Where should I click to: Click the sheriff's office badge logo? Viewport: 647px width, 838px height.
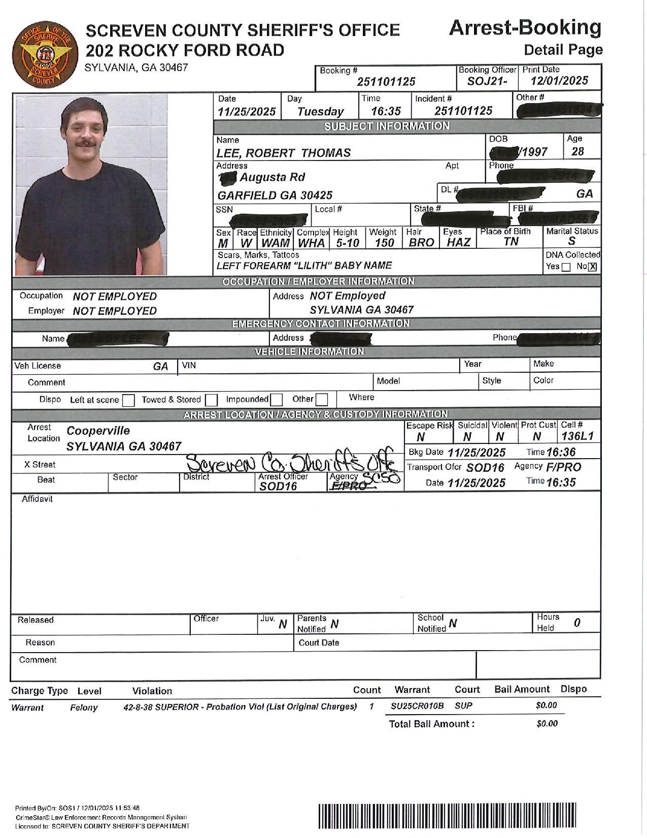tap(46, 55)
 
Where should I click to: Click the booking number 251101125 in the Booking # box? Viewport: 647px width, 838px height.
tap(386, 82)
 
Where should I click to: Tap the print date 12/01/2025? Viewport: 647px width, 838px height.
tap(559, 81)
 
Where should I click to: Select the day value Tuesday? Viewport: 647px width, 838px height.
tap(320, 112)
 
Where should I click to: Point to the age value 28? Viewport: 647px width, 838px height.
tap(577, 152)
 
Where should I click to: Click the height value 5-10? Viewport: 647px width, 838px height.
tap(348, 243)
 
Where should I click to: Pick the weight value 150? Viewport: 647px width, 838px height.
tap(384, 243)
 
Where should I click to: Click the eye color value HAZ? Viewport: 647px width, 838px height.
tap(459, 243)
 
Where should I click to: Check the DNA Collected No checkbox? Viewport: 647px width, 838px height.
tap(592, 267)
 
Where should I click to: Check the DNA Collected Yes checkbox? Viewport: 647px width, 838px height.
tap(566, 267)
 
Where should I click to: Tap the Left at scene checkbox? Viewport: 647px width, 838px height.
tap(129, 401)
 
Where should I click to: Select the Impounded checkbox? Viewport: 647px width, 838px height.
tap(276, 400)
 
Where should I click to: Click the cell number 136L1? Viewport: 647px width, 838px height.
tap(577, 436)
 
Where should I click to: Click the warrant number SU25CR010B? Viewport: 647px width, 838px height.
tap(417, 706)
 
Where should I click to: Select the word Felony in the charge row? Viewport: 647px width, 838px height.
tap(84, 707)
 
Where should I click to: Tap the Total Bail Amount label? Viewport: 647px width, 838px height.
tap(432, 724)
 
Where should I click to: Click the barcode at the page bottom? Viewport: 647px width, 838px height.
tap(447, 816)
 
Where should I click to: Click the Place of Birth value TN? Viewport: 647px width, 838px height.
tap(511, 242)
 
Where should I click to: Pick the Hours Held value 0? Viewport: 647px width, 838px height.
tap(577, 623)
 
